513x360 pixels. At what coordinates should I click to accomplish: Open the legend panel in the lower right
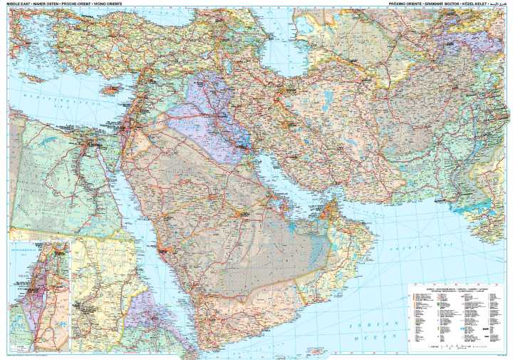point(455,314)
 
